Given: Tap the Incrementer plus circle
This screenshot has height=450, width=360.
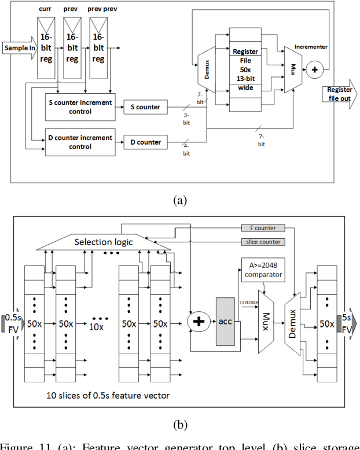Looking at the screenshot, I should (314, 69).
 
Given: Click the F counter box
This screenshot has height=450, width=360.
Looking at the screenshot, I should (262, 228).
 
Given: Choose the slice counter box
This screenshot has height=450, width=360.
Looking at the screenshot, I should (262, 241).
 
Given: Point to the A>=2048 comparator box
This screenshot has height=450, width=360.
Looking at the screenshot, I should (262, 269).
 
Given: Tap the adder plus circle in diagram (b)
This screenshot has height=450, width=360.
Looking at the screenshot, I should (198, 322).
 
